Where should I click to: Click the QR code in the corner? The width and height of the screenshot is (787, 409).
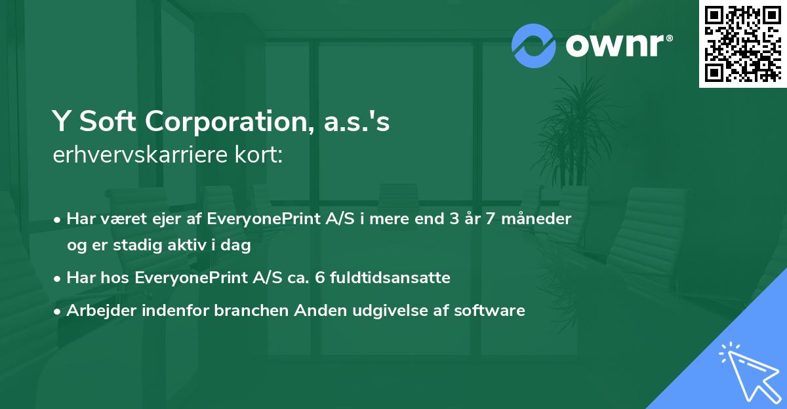(x=742, y=43)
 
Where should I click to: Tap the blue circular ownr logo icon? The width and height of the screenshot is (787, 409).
(x=533, y=45)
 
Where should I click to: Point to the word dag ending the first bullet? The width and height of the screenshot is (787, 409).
(x=239, y=246)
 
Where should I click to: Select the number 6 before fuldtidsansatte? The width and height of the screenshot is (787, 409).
(x=320, y=278)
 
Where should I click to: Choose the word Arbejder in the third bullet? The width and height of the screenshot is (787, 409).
(x=94, y=311)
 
